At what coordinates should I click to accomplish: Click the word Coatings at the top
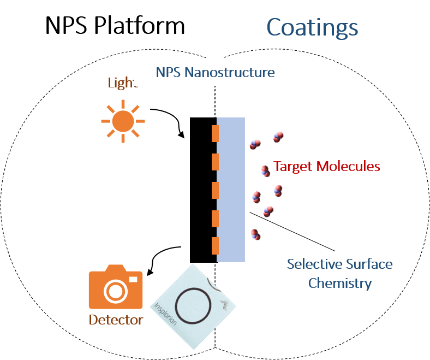click(312, 27)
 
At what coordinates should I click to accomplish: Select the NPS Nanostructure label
click(215, 72)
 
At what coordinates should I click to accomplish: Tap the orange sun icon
click(123, 121)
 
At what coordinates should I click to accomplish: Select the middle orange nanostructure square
click(215, 190)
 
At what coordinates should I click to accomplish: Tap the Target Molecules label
click(326, 166)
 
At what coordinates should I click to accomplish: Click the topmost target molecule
click(278, 137)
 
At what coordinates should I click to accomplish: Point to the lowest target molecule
click(255, 234)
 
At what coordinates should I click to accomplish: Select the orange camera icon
click(115, 287)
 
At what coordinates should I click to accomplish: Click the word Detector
click(116, 320)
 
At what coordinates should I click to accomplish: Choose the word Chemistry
click(339, 284)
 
